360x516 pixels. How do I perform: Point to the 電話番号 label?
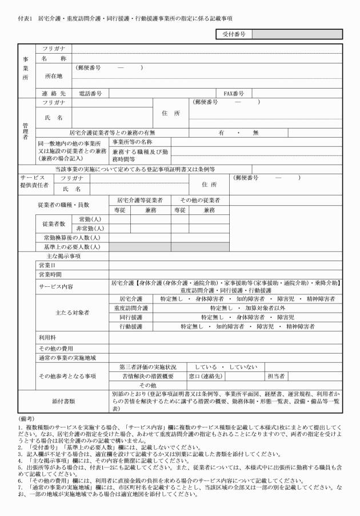[x=90, y=93]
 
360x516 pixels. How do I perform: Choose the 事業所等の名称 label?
[x=132, y=141]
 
